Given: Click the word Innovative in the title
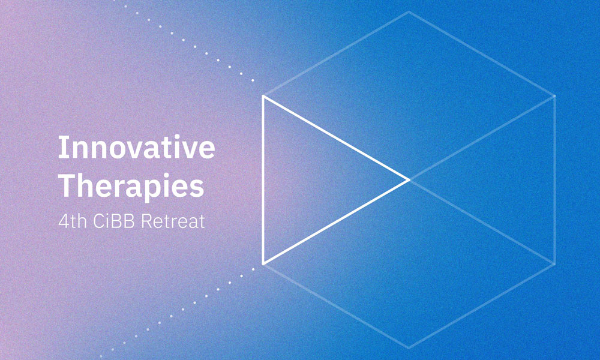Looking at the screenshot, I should [136, 148].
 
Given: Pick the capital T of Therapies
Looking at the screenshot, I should [65, 185].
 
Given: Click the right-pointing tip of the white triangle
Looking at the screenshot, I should [408, 179].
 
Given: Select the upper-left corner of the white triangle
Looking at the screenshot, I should [263, 96].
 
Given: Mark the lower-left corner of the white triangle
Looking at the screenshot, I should [263, 263].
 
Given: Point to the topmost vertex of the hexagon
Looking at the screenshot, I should [409, 11].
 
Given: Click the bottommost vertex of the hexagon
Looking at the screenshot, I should [409, 347].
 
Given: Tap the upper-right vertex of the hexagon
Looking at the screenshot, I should [554, 96].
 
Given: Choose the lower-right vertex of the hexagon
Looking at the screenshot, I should [554, 263].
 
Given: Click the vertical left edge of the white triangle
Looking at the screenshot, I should [263, 180].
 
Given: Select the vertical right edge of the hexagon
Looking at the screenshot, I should [554, 180].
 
